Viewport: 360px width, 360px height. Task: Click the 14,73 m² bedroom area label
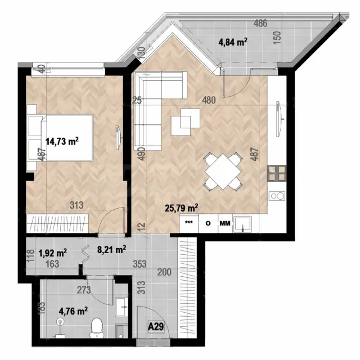click(62, 141)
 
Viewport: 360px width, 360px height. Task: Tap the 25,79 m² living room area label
click(181, 208)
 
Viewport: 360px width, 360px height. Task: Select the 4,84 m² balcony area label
click(233, 42)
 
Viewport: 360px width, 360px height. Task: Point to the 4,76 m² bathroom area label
click(73, 311)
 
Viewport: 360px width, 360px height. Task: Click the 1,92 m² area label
click(52, 253)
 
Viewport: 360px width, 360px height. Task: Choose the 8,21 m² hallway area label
click(111, 249)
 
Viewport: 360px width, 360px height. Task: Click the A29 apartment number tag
click(156, 326)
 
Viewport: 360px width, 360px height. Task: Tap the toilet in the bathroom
click(96, 328)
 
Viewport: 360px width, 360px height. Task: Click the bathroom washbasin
click(121, 307)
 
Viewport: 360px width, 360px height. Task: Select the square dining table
click(223, 172)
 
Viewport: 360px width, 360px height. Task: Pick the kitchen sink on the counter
click(242, 224)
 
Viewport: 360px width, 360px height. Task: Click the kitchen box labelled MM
click(225, 223)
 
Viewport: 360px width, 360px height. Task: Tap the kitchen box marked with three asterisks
click(189, 223)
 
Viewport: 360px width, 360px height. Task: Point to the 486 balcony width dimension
click(260, 23)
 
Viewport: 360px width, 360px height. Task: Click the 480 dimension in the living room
click(209, 100)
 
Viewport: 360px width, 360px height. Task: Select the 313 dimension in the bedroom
click(76, 205)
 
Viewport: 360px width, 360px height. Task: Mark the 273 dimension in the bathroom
click(84, 290)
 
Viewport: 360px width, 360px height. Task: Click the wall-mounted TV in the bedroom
click(118, 137)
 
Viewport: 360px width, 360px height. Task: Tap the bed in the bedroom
click(61, 137)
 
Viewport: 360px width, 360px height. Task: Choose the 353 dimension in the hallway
click(139, 264)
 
